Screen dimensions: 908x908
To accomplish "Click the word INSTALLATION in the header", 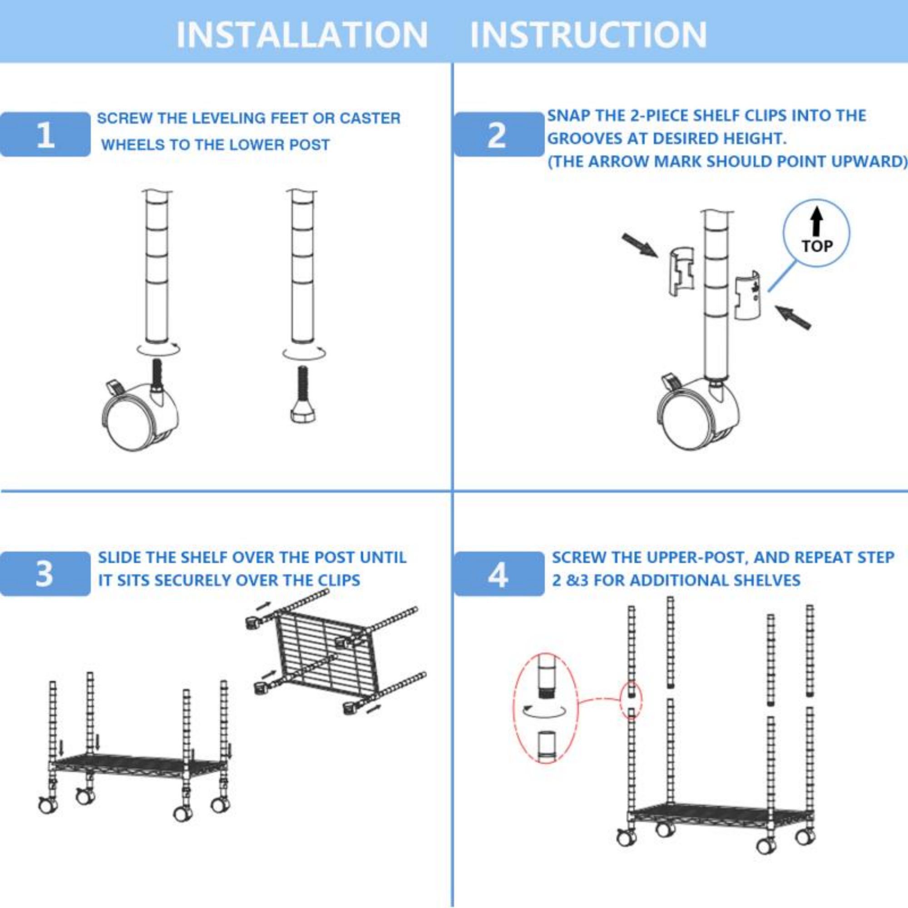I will [302, 35].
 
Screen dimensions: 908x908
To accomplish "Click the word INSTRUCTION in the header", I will [588, 35].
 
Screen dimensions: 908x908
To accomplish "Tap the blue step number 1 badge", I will [45, 134].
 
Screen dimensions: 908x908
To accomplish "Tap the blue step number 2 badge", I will [498, 134].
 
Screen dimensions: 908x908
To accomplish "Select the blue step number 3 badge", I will [45, 574].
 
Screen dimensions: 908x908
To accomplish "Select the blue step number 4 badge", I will [498, 574].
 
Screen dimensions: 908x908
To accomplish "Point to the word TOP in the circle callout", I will [817, 246].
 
